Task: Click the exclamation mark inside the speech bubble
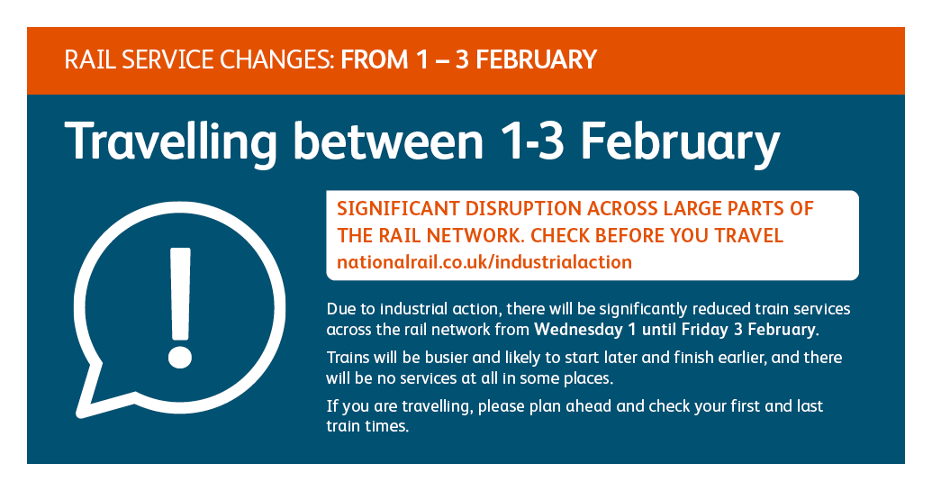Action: point(179,307)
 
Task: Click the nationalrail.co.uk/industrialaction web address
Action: point(484,262)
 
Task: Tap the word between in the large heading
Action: point(388,141)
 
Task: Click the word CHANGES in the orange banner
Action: point(277,60)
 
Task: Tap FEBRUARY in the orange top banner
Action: point(536,60)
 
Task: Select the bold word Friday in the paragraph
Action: point(704,330)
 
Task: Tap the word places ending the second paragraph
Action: point(587,379)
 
